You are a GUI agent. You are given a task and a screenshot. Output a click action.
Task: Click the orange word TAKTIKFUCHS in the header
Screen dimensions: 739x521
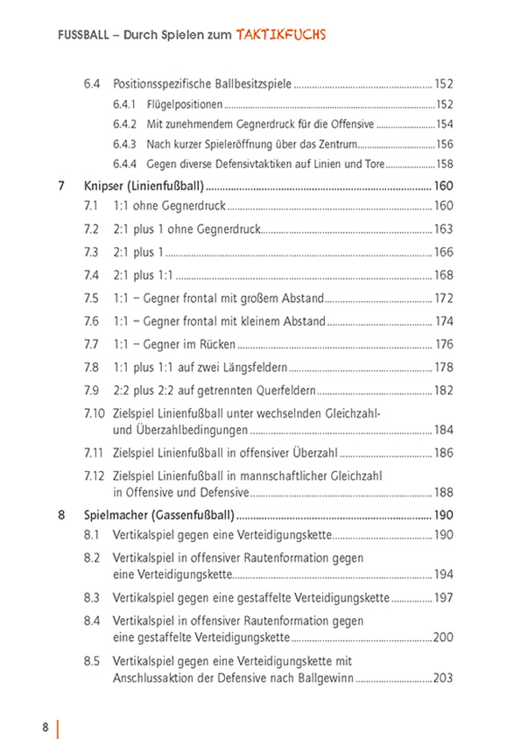(x=280, y=35)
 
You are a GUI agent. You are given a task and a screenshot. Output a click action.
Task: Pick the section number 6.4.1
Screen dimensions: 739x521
(x=124, y=104)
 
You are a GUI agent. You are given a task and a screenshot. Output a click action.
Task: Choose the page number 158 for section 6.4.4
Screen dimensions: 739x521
(x=444, y=164)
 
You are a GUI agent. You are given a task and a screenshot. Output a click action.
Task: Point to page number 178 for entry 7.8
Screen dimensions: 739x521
(x=444, y=366)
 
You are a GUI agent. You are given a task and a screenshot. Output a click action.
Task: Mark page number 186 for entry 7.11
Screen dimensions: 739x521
(x=444, y=453)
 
